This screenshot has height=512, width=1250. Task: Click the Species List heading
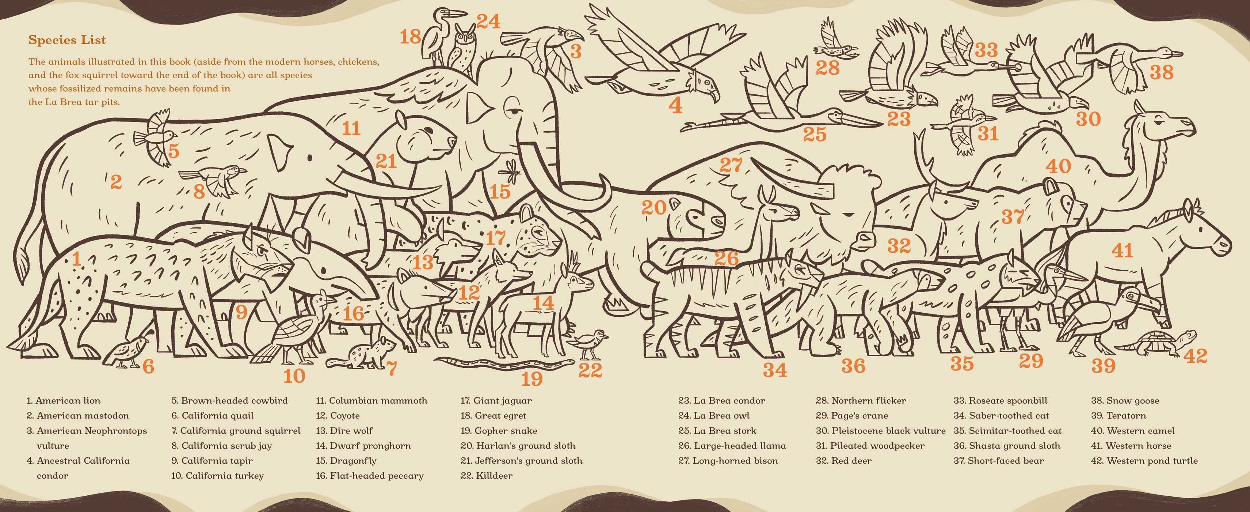point(67,40)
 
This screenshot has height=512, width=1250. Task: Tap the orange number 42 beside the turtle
point(1195,356)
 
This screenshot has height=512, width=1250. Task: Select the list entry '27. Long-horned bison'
point(728,460)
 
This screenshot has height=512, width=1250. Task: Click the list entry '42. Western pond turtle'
point(1144,460)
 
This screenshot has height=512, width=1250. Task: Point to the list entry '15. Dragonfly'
point(346,460)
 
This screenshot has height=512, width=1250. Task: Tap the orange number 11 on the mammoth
point(351,128)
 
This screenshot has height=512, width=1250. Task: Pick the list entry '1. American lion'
point(64,401)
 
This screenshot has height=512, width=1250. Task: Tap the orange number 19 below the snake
point(531,379)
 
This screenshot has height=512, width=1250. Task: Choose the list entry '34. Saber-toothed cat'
point(1001,415)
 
